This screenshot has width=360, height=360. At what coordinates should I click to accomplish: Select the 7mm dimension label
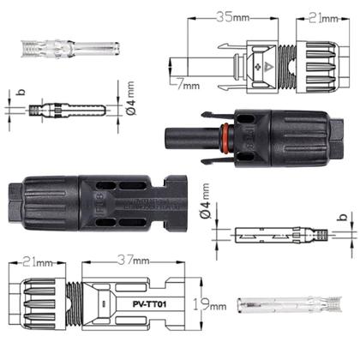189,85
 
